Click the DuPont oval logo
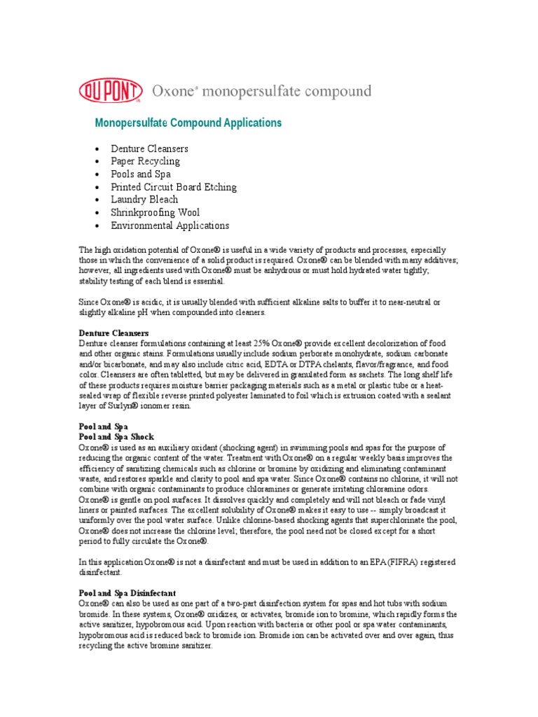(x=111, y=91)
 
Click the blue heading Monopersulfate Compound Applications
(x=188, y=123)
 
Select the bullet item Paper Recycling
(x=144, y=162)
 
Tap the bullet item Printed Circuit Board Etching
(x=173, y=187)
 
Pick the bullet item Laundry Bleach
(x=144, y=200)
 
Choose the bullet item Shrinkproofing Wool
(x=155, y=213)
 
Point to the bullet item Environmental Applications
(x=170, y=225)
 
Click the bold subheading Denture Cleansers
(x=113, y=332)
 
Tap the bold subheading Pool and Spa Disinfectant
(x=127, y=593)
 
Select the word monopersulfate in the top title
(x=248, y=92)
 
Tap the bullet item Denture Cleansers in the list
(x=149, y=149)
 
